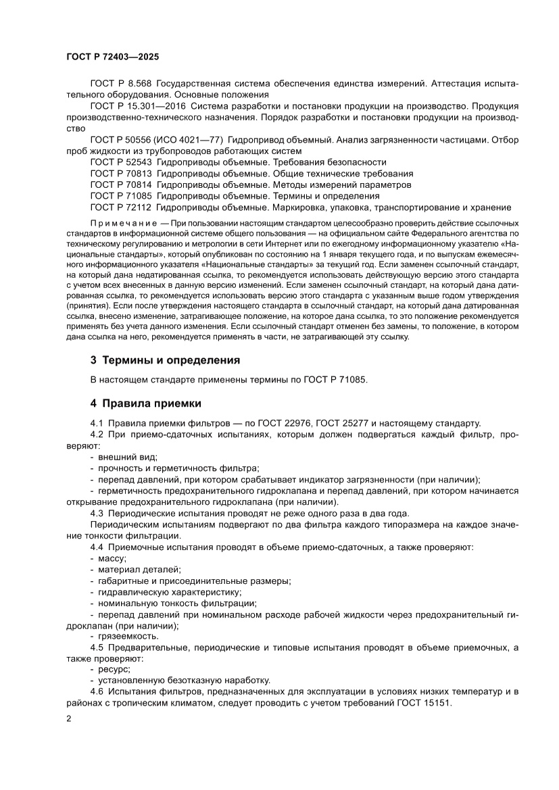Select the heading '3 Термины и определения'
point(165,360)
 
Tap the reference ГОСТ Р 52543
point(120,162)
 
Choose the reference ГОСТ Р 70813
point(120,173)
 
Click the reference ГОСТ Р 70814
point(120,184)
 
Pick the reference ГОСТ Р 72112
point(120,207)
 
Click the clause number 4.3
point(97,513)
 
